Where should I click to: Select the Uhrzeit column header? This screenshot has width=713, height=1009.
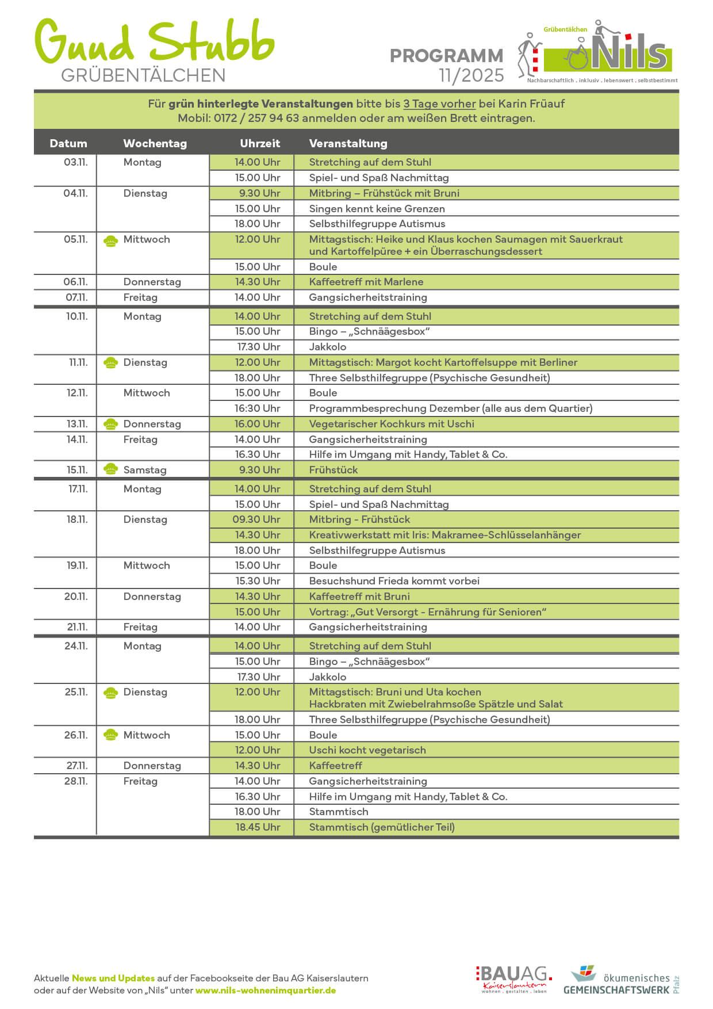(260, 143)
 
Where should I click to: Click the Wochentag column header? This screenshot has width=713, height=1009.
(155, 143)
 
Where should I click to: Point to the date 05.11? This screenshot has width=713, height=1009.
(75, 239)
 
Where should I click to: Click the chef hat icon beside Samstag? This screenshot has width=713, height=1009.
(110, 469)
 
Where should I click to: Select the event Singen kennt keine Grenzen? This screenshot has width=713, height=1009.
(377, 209)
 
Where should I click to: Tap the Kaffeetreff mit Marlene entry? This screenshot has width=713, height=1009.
(366, 282)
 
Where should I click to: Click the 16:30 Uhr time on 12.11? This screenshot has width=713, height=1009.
(257, 408)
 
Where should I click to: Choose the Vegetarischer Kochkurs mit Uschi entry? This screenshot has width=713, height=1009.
(392, 424)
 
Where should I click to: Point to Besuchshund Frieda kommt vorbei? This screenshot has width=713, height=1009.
(394, 581)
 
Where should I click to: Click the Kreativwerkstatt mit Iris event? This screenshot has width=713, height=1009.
(444, 535)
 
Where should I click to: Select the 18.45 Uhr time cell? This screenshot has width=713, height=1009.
(258, 827)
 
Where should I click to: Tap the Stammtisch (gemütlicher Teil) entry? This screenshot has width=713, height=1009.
(382, 827)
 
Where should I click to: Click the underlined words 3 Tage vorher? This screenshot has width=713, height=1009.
(439, 104)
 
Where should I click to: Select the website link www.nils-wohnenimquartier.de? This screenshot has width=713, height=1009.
(266, 990)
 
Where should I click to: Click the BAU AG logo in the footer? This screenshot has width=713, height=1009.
(513, 979)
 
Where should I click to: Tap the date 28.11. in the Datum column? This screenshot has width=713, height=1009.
(75, 781)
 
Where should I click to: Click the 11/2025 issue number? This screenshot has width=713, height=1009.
(471, 75)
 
